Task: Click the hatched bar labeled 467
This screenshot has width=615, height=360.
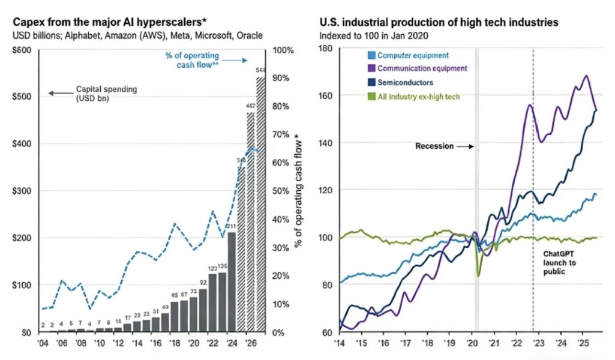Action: pos(250,222)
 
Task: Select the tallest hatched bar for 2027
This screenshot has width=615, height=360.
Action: pos(261,204)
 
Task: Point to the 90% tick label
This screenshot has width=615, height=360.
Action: pos(281,79)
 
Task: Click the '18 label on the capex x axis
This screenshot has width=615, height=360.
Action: pos(174,344)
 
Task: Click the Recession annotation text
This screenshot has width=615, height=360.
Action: pos(434,146)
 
